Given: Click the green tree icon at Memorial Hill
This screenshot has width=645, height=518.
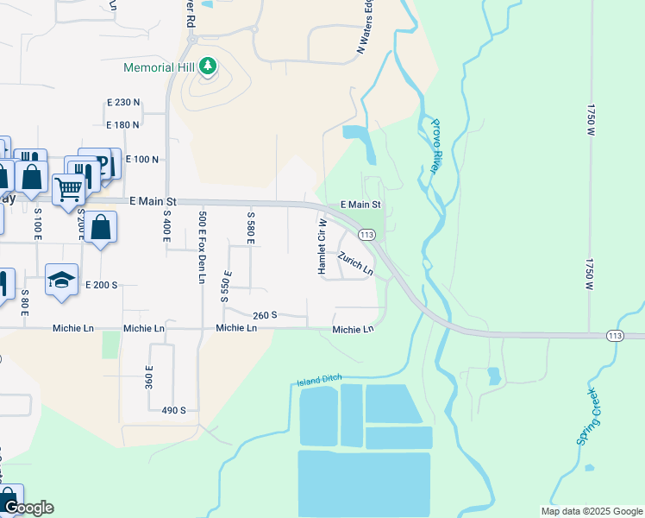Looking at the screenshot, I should coord(208,66).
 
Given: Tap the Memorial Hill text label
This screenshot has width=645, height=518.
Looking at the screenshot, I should coord(160,67).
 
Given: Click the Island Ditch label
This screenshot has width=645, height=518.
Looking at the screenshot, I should coord(320,379).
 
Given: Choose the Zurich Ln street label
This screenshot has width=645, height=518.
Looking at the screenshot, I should coord(355,264).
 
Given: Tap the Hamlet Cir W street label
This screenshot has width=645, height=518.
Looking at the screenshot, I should coord(322,247).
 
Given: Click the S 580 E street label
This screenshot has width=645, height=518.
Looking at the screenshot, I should coord(250,227).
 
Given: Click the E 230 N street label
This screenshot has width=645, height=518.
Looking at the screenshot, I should coord(122,103).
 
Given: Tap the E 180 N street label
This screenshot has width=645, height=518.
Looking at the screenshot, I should coord(122,125).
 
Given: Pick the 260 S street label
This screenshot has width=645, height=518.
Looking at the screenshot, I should coord(265,316).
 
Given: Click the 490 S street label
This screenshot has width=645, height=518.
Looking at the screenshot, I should coord(173,410).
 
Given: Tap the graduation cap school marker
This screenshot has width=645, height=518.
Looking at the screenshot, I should coord(62,280).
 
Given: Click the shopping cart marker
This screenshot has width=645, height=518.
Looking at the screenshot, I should coord(68,187).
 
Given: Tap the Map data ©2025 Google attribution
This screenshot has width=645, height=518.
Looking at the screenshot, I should coord(591,511).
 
